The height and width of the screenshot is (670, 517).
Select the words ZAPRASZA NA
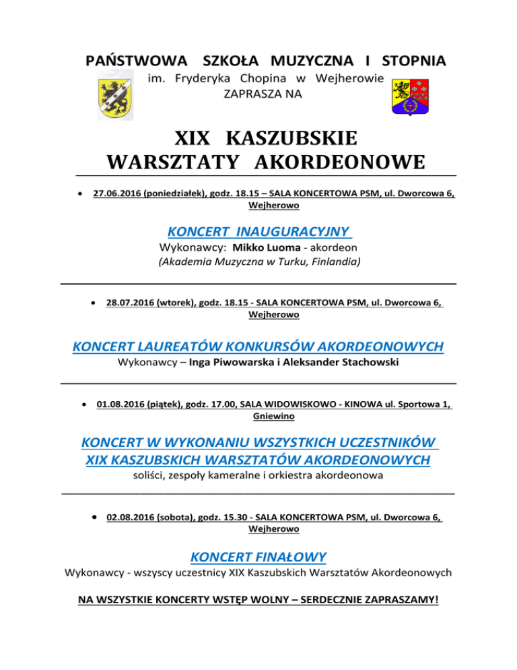pyautogui.click(x=263, y=94)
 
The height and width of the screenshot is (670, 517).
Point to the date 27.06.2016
pyautogui.click(x=117, y=193)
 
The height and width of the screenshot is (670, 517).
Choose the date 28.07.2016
pyautogui.click(x=131, y=303)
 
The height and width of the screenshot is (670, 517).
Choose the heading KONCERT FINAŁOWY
pyautogui.click(x=258, y=557)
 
